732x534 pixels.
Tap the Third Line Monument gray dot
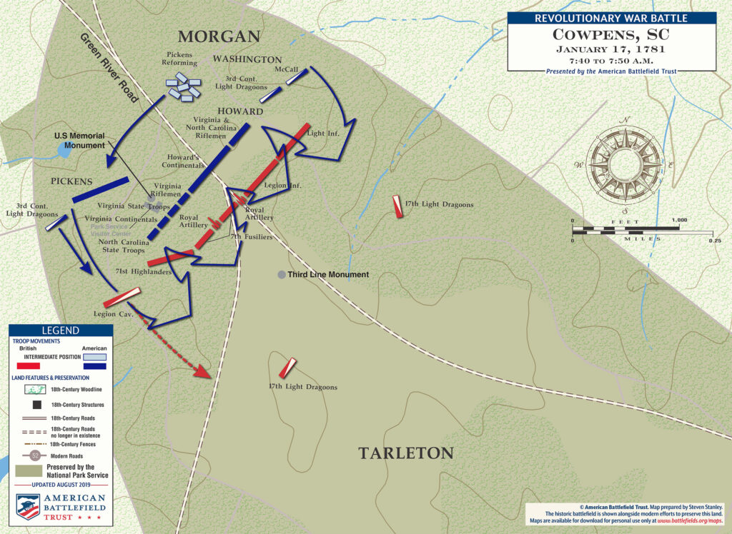pos(282,275)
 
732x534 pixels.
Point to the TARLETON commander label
pos(406,453)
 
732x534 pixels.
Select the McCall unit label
pos(287,69)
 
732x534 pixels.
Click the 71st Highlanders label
pos(138,273)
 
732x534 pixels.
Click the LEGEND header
pos(60,331)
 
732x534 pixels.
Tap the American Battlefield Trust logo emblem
pos(29,506)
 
